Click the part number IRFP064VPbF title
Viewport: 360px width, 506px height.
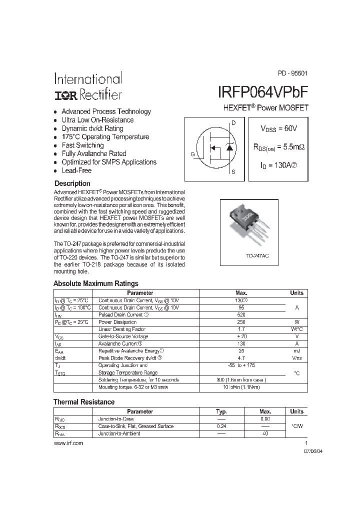point(263,92)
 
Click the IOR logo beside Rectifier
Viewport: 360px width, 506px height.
point(65,94)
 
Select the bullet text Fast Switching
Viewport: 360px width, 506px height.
point(82,145)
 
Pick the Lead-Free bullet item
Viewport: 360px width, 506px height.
point(76,170)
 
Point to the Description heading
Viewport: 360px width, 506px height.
point(72,183)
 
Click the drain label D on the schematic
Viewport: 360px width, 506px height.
point(233,123)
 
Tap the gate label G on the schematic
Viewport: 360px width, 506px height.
point(192,154)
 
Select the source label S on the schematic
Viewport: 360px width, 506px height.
point(233,171)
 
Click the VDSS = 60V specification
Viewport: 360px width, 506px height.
point(278,128)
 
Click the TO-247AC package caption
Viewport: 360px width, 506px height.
point(257,255)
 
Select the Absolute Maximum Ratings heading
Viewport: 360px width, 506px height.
point(95,283)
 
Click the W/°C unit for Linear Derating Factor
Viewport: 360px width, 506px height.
point(296,329)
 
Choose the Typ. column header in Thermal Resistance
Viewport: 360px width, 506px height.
point(221,411)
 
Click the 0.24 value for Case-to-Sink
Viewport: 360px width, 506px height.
point(221,426)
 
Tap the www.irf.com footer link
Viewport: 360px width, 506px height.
point(68,443)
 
